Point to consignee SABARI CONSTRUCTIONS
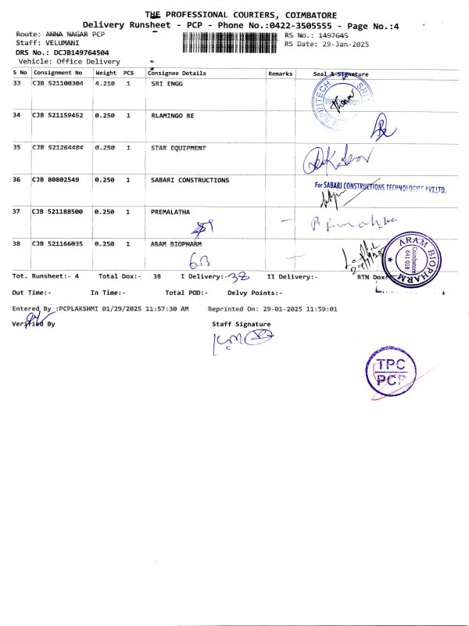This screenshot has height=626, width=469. tap(189, 180)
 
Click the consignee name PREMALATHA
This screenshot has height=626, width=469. tap(170, 211)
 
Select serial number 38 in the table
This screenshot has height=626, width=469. tap(17, 244)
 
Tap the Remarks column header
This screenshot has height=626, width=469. tap(280, 73)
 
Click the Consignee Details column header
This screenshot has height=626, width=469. tap(177, 73)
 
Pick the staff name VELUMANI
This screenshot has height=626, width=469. tap(63, 43)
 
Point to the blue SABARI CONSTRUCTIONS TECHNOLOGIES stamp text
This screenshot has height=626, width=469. tap(380, 187)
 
